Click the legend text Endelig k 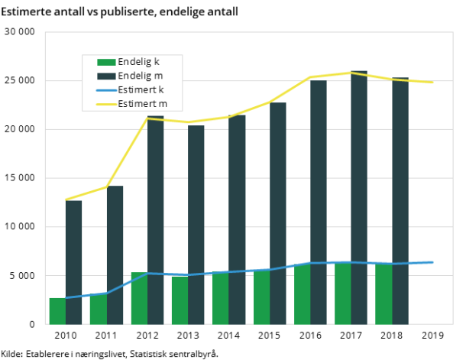pos(139,62)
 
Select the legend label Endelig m pos(140,76)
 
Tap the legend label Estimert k pos(141,89)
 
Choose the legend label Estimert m pos(142,103)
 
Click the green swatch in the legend pos(106,62)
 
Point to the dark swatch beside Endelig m pos(106,76)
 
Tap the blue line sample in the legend pos(106,89)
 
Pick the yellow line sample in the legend pos(106,103)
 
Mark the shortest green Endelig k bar pos(57,311)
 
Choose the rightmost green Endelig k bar pos(383,294)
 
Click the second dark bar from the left pos(115,255)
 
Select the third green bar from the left pos(139,298)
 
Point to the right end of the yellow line pos(433,82)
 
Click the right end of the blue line pos(433,262)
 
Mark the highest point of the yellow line pos(351,73)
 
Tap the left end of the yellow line pos(66,199)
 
